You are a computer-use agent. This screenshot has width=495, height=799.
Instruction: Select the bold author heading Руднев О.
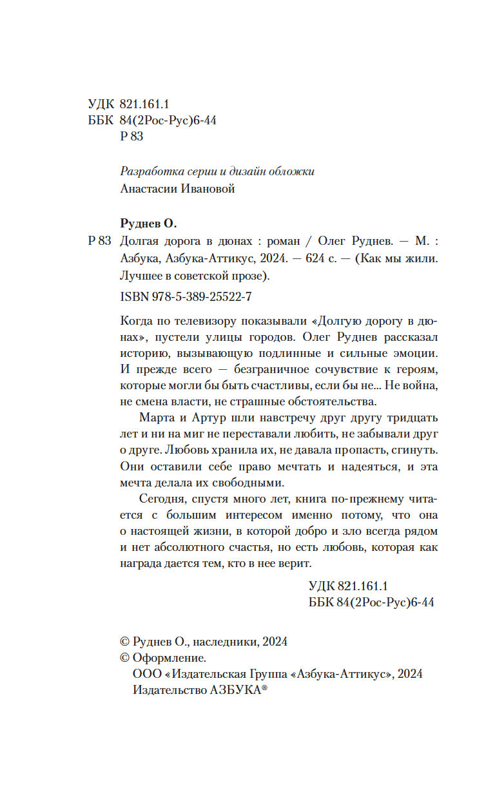click(x=148, y=224)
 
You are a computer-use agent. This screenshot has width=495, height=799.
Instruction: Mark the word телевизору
click(x=208, y=320)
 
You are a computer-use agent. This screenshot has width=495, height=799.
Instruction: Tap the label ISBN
click(x=133, y=298)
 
